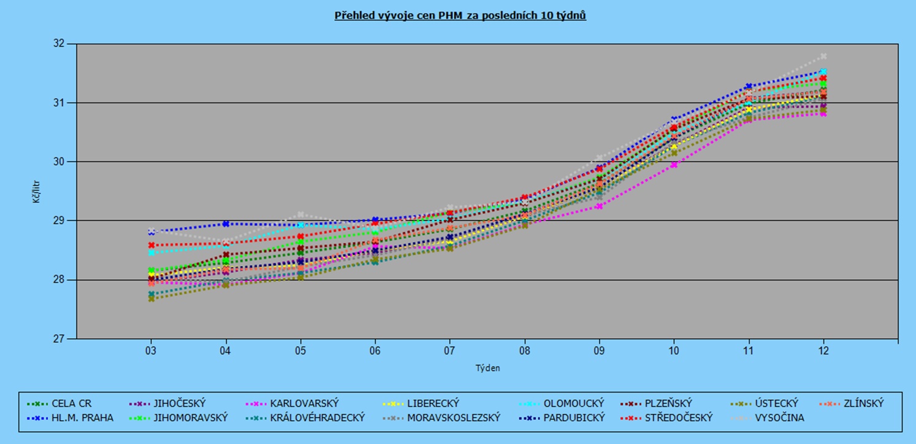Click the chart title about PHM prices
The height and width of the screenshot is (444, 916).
460,16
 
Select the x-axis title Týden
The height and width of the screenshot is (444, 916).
487,368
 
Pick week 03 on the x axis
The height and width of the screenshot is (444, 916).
151,351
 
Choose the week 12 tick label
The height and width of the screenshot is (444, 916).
823,351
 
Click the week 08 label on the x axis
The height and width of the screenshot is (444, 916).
524,351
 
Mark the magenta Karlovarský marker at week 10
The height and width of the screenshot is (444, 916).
674,165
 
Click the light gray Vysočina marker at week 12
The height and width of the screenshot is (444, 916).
823,56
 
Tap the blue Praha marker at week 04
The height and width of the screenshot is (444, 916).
226,224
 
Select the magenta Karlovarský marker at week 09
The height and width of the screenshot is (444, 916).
599,206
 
